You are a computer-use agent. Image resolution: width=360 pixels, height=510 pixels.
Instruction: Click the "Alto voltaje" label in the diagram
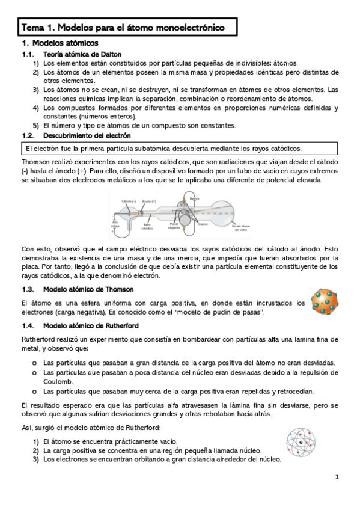tap(116, 224)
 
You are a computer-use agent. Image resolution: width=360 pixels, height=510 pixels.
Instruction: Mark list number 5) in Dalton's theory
tap(36, 125)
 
